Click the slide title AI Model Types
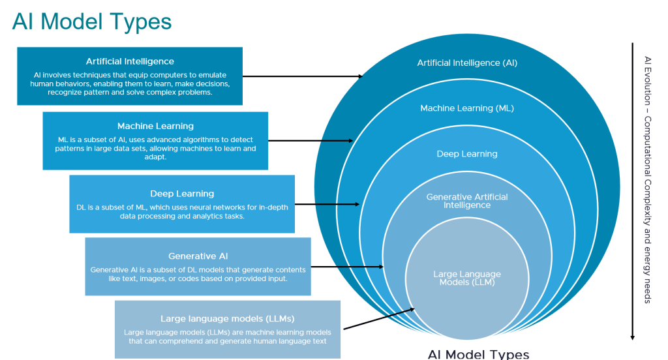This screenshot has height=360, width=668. click(x=92, y=22)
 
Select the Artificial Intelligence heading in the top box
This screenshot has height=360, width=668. click(x=130, y=61)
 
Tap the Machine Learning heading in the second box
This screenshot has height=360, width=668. click(x=155, y=126)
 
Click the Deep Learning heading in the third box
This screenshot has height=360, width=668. click(x=182, y=194)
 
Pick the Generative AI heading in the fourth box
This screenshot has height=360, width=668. click(x=198, y=256)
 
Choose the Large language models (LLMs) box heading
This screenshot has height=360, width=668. click(x=228, y=319)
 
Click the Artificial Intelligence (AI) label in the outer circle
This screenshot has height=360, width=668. click(x=467, y=63)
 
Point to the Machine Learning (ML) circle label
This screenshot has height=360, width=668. click(x=467, y=108)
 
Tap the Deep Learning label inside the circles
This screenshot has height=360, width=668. click(x=467, y=154)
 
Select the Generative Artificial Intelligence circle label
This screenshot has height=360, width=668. click(x=467, y=201)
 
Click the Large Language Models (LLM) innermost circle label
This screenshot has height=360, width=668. click(x=467, y=278)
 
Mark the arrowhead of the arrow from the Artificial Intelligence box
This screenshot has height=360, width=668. click(x=360, y=76)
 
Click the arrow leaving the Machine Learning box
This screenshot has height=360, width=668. click(x=311, y=140)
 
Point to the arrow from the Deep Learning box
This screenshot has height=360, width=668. click(x=326, y=204)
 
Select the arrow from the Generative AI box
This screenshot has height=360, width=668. click(x=346, y=267)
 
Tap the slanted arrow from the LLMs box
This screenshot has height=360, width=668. click(x=378, y=319)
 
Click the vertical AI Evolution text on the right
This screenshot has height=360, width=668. click(x=647, y=179)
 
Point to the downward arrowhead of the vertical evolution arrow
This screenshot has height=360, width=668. click(x=632, y=337)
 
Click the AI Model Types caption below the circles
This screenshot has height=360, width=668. click(x=478, y=354)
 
